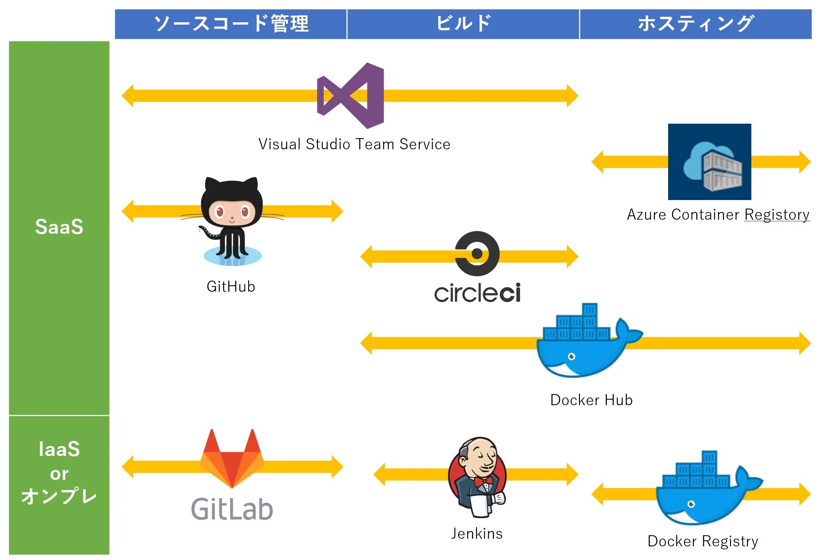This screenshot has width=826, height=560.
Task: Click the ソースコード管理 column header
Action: [x=231, y=24]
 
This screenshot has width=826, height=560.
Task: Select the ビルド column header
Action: [x=463, y=24]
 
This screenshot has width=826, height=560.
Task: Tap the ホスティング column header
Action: [x=695, y=24]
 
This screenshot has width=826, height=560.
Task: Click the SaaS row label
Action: [x=59, y=227]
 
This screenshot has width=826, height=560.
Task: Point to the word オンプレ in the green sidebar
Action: [x=59, y=496]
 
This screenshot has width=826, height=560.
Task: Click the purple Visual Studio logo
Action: [x=351, y=96]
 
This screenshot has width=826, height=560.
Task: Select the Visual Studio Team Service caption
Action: [x=354, y=144]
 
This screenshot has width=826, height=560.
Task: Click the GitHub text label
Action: [x=231, y=287]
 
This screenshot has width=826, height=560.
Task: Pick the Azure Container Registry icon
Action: [x=709, y=162]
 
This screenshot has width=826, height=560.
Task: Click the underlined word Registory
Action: [x=777, y=215]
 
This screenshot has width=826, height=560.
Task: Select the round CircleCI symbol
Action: [x=477, y=254]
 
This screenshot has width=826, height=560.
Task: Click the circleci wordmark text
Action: [x=477, y=293]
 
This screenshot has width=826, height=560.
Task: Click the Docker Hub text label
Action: [x=591, y=400]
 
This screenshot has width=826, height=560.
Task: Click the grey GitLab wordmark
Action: [x=232, y=509]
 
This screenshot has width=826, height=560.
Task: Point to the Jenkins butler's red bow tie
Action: [x=483, y=482]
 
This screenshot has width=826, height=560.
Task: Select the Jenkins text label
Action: [x=477, y=534]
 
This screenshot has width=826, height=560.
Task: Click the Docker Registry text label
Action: [x=703, y=541]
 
